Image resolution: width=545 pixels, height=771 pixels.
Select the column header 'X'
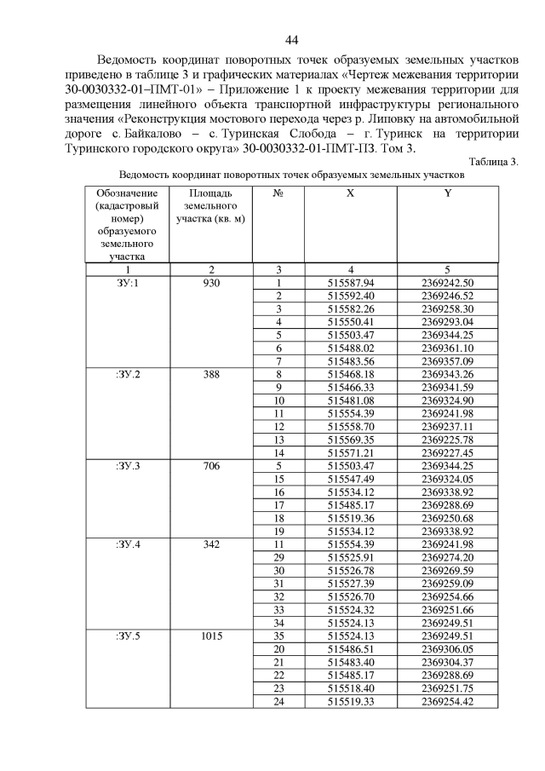click(350, 194)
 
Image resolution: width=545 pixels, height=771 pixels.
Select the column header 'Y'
click(447, 194)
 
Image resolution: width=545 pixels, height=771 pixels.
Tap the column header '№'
click(278, 194)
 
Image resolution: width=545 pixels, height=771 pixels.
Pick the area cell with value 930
click(211, 283)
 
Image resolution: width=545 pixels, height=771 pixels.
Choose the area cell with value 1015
click(211, 636)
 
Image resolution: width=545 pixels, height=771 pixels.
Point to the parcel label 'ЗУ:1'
click(127, 283)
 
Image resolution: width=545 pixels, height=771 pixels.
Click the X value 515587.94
click(351, 283)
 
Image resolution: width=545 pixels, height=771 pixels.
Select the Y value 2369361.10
click(447, 348)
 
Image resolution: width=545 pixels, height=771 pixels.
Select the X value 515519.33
click(351, 701)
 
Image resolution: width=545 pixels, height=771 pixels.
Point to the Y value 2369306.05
click(447, 648)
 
